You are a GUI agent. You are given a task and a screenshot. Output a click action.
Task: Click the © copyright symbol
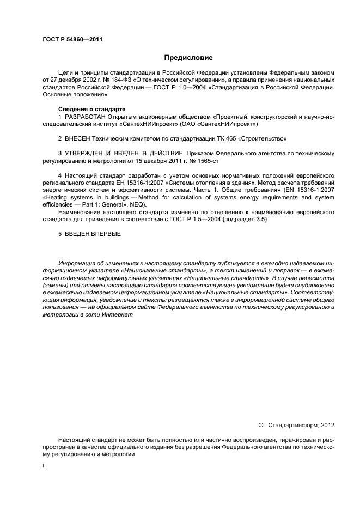click(x=260, y=424)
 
